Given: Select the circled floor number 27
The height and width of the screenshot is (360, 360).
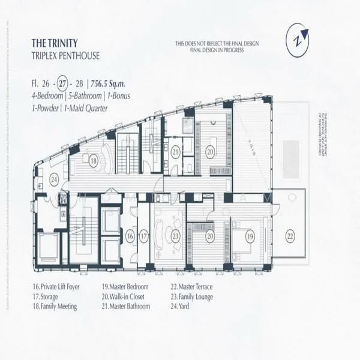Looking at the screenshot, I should pyautogui.click(x=62, y=83).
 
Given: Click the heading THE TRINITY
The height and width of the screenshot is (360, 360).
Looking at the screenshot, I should pyautogui.click(x=56, y=43).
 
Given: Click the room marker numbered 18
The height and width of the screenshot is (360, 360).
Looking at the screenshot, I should pyautogui.click(x=93, y=161).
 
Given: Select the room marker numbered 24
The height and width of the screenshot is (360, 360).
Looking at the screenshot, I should pyautogui.click(x=54, y=178).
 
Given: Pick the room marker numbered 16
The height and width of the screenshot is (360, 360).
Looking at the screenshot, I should pyautogui.click(x=130, y=237).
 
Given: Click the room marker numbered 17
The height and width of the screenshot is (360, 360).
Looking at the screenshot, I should pyautogui.click(x=143, y=237).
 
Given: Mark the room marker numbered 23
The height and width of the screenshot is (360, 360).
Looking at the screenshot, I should pyautogui.click(x=175, y=237).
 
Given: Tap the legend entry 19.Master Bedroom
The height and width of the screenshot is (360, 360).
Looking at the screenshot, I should pyautogui.click(x=124, y=287).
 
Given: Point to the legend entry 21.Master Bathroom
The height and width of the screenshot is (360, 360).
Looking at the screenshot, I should pyautogui.click(x=126, y=306).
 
